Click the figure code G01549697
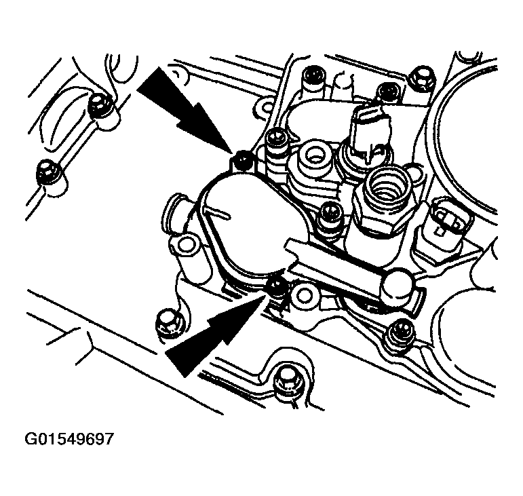pos(69,439)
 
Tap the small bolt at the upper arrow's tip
pos(242,161)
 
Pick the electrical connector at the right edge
pos(446,221)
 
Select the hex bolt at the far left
pos(48,172)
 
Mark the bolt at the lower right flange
pos(402,332)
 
